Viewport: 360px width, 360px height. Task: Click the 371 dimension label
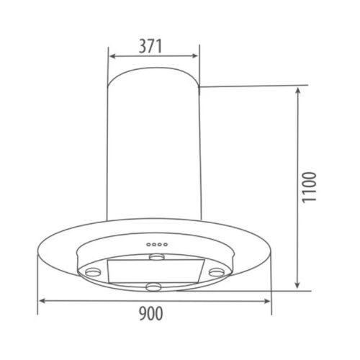[x=150, y=46]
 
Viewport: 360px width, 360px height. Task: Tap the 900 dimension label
[x=151, y=314]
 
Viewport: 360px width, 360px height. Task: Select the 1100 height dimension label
[x=310, y=187]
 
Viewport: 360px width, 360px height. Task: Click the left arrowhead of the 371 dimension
[x=112, y=56]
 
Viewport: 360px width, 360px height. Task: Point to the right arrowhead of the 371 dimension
[x=195, y=56]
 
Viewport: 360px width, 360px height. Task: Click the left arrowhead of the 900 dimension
[x=42, y=301]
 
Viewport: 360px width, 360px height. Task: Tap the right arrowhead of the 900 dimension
[x=267, y=301]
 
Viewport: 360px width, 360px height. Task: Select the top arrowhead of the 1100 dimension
[x=297, y=91]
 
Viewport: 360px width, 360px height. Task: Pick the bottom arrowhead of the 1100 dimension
[x=297, y=285]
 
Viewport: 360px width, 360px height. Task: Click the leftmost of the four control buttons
[x=149, y=245]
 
